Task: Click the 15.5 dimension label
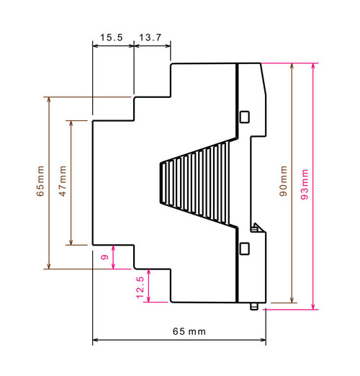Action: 112,37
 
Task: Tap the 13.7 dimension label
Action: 150,37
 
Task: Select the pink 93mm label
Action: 305,184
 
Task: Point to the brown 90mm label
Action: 284,181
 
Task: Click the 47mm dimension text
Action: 63,181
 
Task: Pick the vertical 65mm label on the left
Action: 40,181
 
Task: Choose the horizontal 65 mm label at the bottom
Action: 189,331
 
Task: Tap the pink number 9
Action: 104,257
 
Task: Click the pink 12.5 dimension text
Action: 140,287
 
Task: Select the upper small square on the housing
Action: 245,117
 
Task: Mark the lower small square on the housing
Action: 245,249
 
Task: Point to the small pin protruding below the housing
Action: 254,306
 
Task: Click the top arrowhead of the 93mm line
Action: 313,66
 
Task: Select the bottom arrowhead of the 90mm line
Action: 292,300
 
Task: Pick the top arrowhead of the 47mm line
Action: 71,123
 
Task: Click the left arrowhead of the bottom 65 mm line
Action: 96,340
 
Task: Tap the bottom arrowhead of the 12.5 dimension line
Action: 149,299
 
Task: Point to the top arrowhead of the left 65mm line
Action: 49,100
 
